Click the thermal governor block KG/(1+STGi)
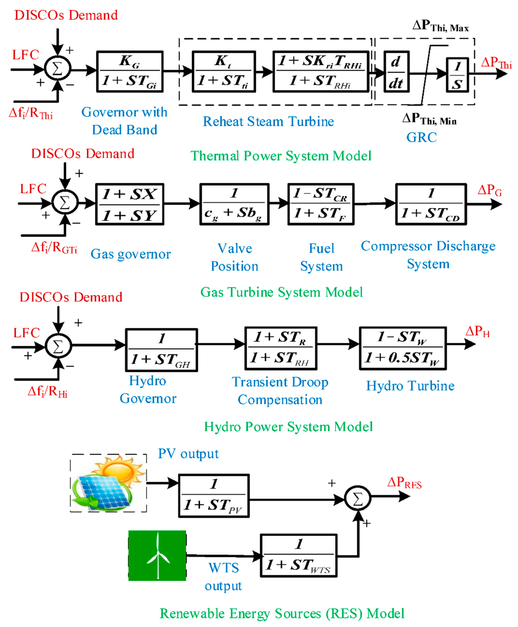click(x=130, y=72)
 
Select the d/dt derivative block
click(x=396, y=72)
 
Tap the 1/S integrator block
click(x=457, y=75)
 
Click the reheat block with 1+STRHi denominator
click(x=321, y=72)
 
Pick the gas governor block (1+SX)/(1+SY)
click(x=130, y=204)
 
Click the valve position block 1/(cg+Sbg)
click(x=234, y=204)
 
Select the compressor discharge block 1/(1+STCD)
click(x=431, y=204)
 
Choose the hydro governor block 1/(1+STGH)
click(x=161, y=350)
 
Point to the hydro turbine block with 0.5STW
click(x=403, y=348)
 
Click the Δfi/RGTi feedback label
click(x=54, y=248)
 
